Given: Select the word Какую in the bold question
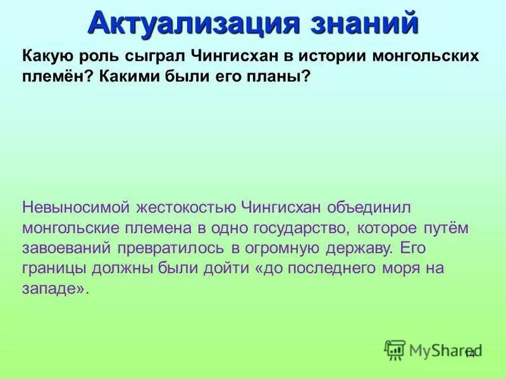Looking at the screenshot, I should pyautogui.click(x=46, y=56).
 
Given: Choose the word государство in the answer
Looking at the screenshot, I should pyautogui.click(x=297, y=227).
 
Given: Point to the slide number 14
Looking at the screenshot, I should pyautogui.click(x=469, y=354).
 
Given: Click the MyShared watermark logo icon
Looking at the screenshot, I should pyautogui.click(x=395, y=349).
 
